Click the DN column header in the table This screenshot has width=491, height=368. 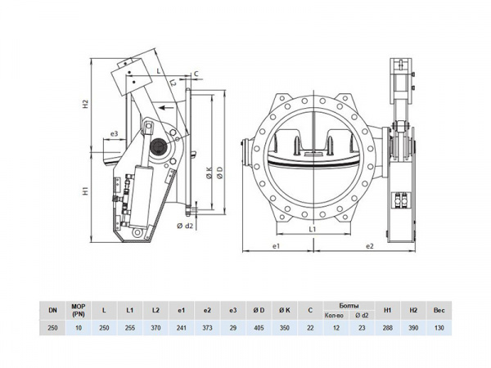tap(52, 310)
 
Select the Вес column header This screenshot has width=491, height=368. tap(440, 310)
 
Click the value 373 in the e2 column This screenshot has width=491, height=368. tap(206, 328)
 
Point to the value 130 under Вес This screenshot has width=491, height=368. tap(440, 328)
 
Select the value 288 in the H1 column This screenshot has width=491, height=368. tap(390, 328)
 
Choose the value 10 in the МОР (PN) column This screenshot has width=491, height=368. tap(79, 328)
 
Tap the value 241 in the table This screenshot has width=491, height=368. tap(181, 328)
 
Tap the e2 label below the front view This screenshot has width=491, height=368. tap(369, 245)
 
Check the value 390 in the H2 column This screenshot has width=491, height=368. tap(415, 328)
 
